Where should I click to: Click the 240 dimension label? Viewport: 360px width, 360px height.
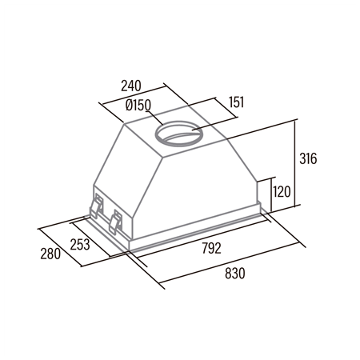pyautogui.click(x=131, y=86)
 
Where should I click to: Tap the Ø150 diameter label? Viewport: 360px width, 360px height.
pyautogui.click(x=138, y=105)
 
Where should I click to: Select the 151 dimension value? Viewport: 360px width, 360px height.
pyautogui.click(x=237, y=102)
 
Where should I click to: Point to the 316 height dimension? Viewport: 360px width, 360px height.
pyautogui.click(x=308, y=158)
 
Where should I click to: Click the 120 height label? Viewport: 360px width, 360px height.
pyautogui.click(x=282, y=192)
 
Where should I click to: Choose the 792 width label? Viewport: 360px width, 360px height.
pyautogui.click(x=211, y=248)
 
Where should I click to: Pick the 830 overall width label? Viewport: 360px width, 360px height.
pyautogui.click(x=234, y=274)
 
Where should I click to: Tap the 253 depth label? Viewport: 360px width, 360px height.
pyautogui.click(x=80, y=244)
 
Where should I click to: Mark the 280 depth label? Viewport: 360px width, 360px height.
pyautogui.click(x=50, y=254)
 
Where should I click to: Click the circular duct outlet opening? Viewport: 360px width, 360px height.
pyautogui.click(x=179, y=133)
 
